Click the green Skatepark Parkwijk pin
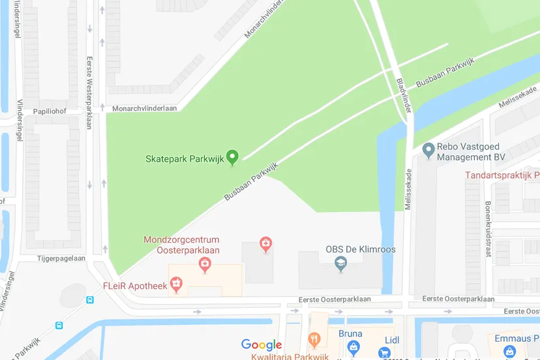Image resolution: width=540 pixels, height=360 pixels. click(232, 157)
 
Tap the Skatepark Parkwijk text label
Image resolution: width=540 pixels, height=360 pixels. click(183, 158)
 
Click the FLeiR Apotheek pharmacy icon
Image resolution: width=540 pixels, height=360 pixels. click(175, 284)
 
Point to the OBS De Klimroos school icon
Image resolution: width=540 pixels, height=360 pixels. click(340, 263)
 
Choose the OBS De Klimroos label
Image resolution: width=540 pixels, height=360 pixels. click(360, 249)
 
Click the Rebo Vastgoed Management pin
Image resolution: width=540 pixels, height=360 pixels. click(428, 151)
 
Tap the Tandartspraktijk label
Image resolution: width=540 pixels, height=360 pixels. click(502, 175)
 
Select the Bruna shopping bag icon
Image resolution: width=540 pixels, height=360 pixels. click(353, 346)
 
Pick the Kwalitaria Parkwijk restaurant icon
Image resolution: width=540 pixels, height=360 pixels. click(314, 340)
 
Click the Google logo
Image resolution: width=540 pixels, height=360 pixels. click(262, 345)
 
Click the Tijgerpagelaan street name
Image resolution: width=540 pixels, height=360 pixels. click(61, 258)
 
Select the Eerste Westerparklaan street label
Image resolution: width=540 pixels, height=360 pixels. click(89, 93)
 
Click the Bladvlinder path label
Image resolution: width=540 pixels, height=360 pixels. click(404, 96)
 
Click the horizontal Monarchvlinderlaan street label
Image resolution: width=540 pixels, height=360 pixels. click(144, 108)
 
